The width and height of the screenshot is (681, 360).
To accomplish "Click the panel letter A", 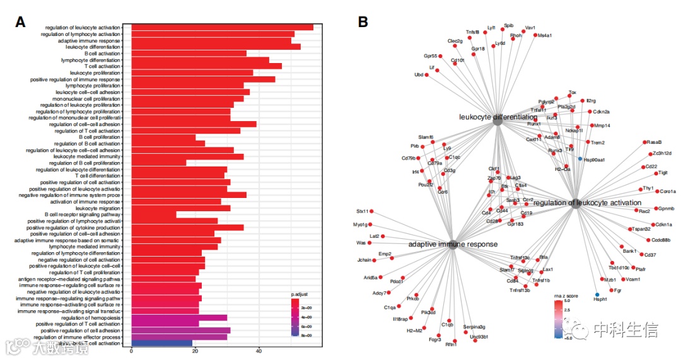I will [21, 21].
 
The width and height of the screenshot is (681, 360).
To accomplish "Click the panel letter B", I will [363, 21].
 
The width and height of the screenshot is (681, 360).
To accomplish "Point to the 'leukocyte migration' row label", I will [97, 208].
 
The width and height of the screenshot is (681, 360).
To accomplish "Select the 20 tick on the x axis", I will [195, 351].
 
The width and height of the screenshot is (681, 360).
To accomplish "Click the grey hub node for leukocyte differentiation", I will [497, 124].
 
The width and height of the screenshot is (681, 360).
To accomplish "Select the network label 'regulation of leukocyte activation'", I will [587, 203].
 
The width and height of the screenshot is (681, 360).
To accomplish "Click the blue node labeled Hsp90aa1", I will [579, 158].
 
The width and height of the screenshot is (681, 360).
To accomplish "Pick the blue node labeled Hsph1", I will [597, 294].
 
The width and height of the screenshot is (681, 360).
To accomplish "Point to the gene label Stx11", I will [362, 211].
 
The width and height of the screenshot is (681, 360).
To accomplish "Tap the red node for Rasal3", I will [644, 142].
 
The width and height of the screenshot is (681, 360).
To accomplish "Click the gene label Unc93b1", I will [479, 337].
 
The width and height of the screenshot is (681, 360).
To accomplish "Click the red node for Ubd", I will [427, 75].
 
